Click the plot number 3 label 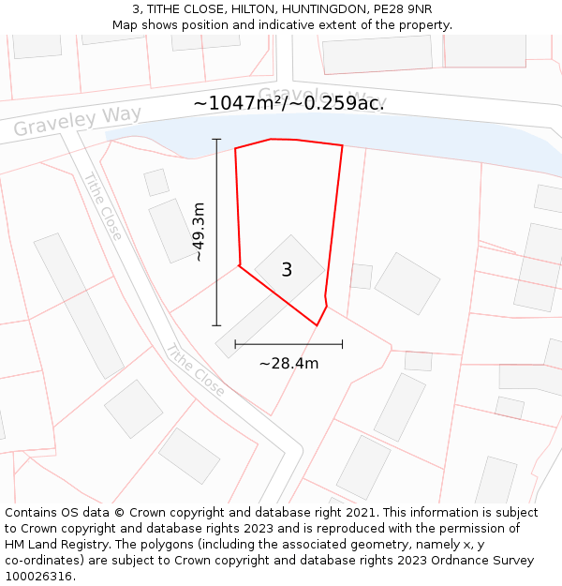coord(287,270)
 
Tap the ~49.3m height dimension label coord(198,232)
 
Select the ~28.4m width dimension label coord(288,364)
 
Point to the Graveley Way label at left coord(77,121)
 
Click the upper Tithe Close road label coord(102,206)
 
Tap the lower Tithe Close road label coord(195,370)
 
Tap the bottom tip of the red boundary coord(317,325)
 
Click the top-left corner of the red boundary coord(235,148)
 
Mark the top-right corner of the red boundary coord(342,145)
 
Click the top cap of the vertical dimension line coord(216,140)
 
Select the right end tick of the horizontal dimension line coord(342,344)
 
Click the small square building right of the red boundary coord(361,276)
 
